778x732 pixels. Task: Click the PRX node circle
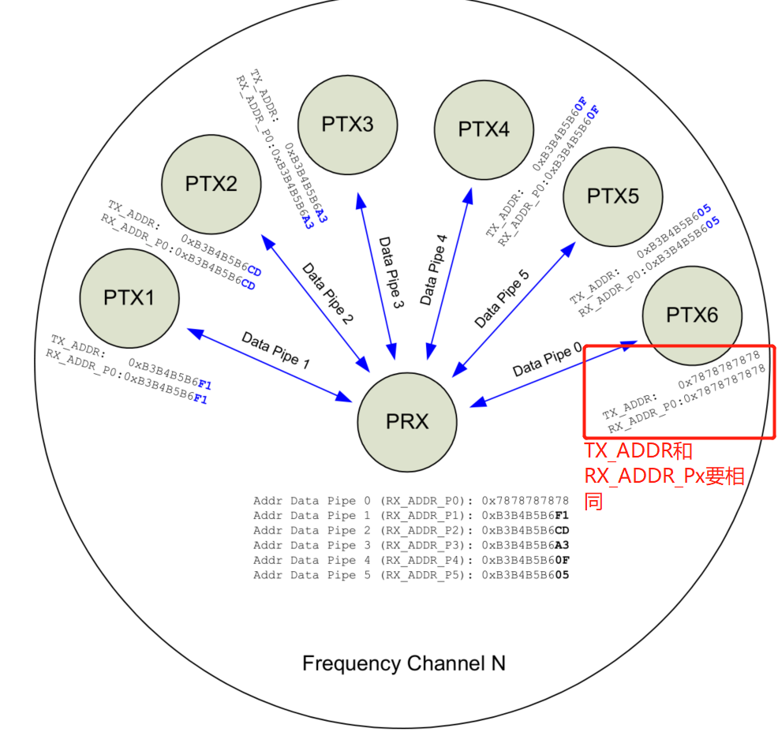tap(407, 422)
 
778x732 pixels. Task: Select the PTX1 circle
tap(129, 297)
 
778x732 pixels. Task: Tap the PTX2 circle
tap(211, 184)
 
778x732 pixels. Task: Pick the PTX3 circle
tap(347, 125)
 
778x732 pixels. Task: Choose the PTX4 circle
tap(484, 129)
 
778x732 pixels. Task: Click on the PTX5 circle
tap(613, 196)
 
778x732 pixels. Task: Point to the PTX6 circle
tap(692, 316)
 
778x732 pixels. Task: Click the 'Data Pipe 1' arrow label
tap(275, 352)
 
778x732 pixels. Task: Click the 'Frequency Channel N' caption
tap(403, 663)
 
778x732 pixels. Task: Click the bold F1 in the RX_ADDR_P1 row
tap(562, 516)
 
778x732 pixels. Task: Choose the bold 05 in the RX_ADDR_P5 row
tap(562, 575)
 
